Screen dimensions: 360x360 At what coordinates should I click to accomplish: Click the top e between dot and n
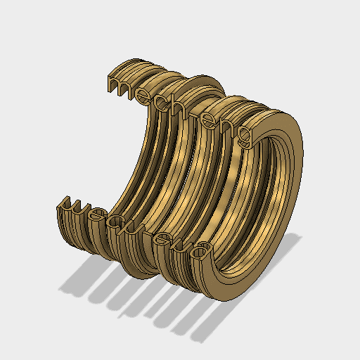[x=211, y=117]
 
